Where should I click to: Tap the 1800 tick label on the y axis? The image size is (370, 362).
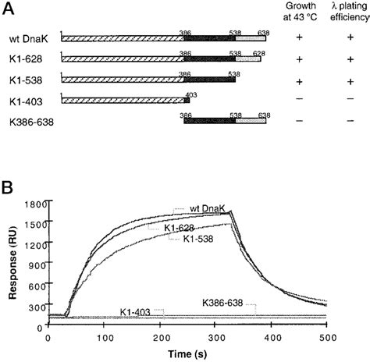33,204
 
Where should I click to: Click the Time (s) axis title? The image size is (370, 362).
188,353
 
